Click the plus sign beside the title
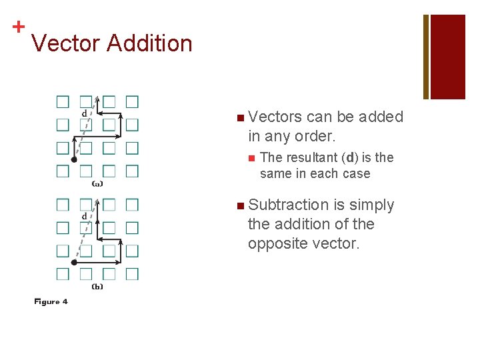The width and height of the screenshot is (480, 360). (18, 27)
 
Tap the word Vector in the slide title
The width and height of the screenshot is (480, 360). (65, 43)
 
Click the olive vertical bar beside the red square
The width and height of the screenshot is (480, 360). (426, 57)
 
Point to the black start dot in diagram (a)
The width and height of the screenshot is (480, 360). (74, 160)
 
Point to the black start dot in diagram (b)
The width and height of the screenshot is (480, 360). (74, 263)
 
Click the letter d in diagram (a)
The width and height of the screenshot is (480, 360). (84, 113)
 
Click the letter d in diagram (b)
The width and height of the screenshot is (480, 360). (84, 216)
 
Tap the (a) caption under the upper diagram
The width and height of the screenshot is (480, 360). (97, 183)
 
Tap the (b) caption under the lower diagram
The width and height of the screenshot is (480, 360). (97, 286)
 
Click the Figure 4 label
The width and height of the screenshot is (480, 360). (51, 302)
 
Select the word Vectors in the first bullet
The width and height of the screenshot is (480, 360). (275, 117)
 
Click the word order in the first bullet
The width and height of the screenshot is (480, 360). (315, 136)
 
